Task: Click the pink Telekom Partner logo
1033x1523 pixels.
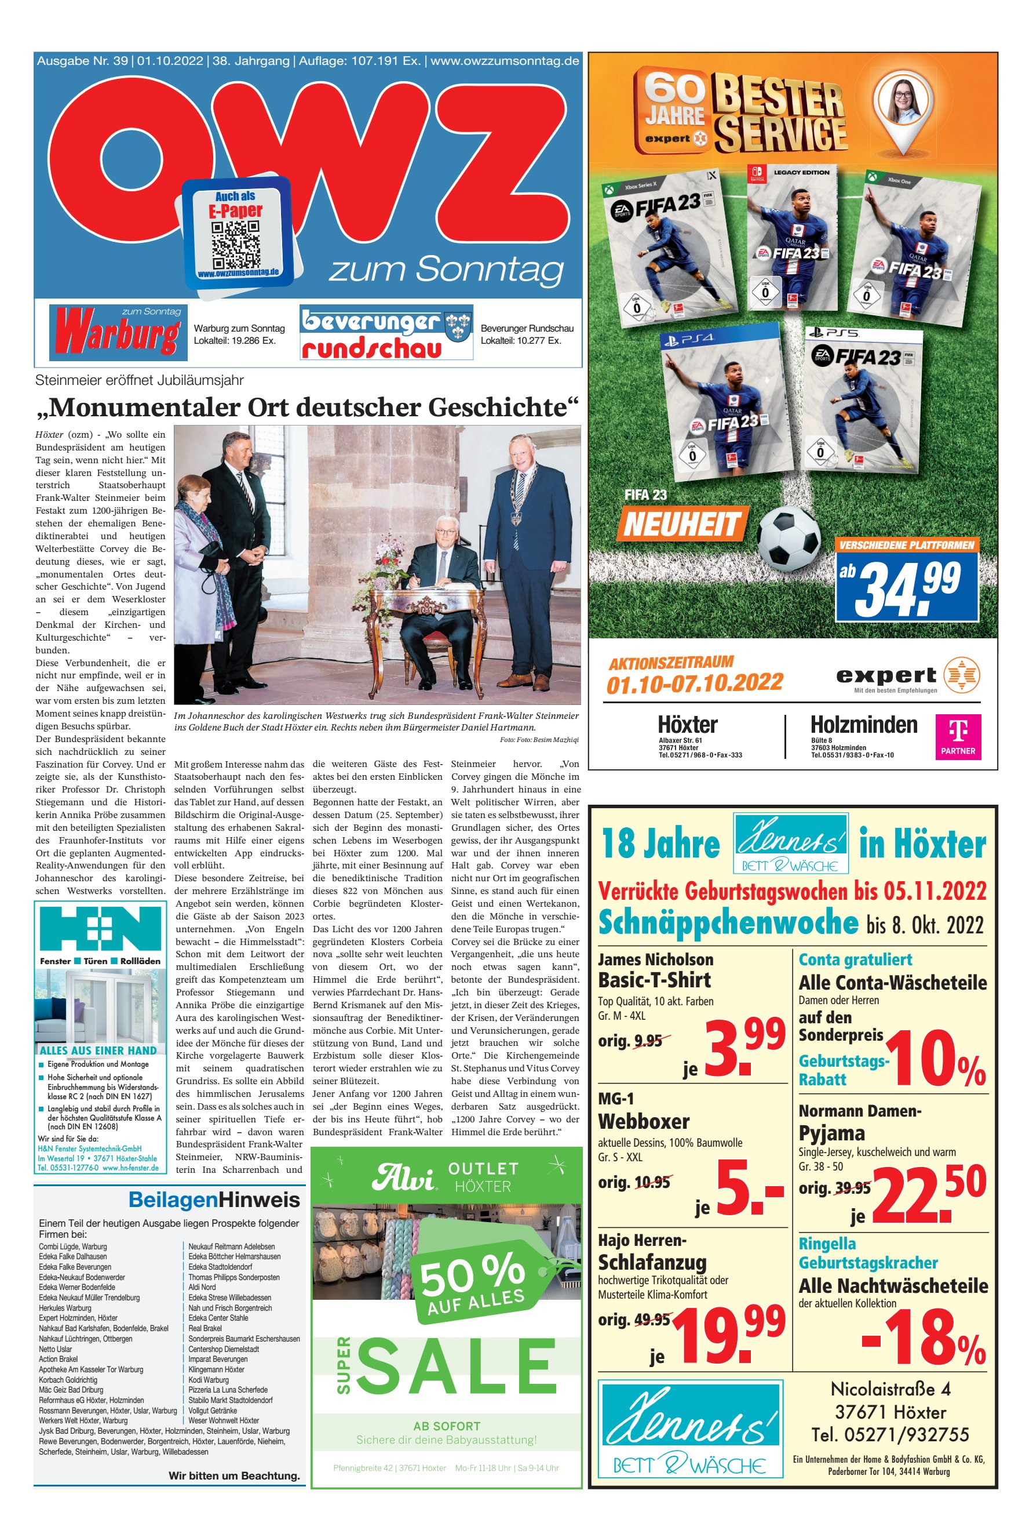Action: coord(958,737)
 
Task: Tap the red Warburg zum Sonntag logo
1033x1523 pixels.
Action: coord(119,332)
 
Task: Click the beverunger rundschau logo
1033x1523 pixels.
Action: coord(386,333)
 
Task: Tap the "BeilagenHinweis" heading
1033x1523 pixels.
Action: coord(214,1200)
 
